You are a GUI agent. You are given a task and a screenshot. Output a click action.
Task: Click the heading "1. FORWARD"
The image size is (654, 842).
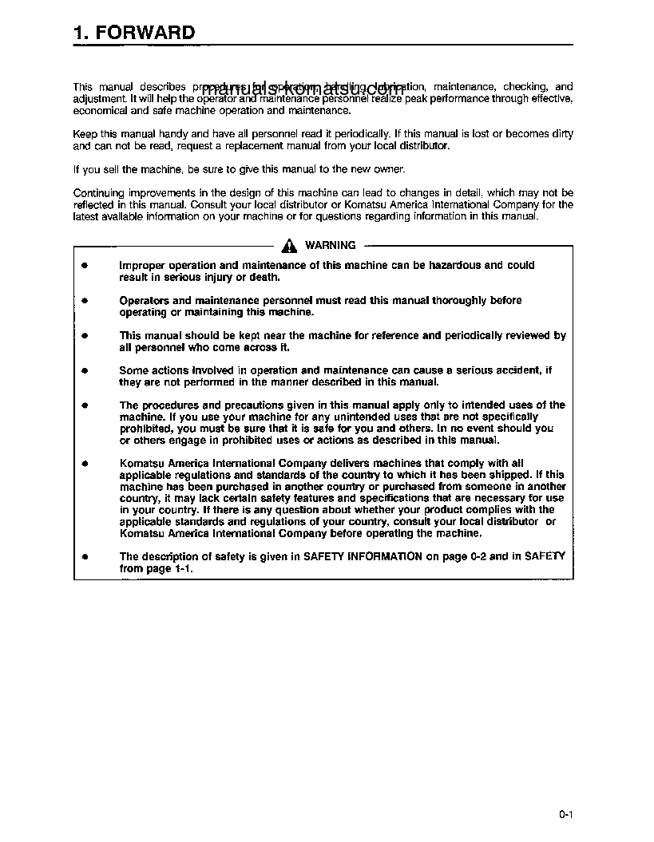click(133, 33)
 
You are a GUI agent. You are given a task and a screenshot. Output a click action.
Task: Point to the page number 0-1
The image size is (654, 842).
click(567, 815)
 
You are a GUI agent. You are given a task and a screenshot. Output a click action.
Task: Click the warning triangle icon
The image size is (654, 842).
click(290, 246)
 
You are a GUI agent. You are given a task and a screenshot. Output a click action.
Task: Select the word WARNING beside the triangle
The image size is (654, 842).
click(331, 246)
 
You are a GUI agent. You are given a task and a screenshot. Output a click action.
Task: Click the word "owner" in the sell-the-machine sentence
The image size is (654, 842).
click(390, 169)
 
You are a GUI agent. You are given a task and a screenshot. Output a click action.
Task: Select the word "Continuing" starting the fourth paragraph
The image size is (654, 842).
click(99, 193)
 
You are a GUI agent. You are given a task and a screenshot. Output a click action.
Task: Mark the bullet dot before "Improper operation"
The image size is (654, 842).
click(84, 266)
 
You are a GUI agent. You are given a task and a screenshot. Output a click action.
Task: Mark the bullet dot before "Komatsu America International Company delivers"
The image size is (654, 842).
click(84, 463)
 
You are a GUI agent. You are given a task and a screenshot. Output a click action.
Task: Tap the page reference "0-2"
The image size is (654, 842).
click(473, 556)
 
